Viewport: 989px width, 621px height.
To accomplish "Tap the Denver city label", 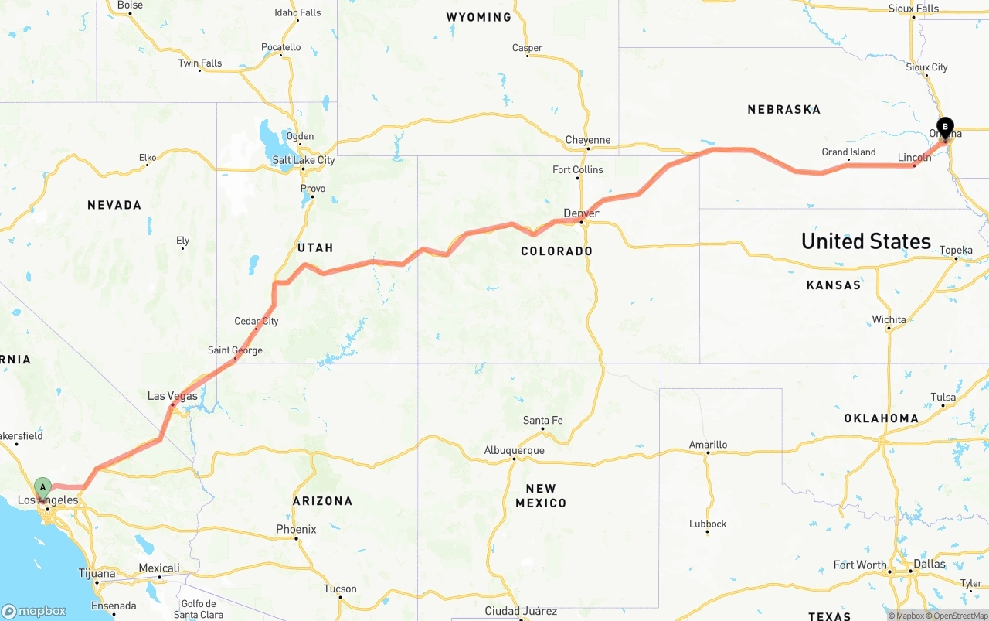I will [581, 213].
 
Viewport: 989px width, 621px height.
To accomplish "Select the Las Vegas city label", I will [172, 396].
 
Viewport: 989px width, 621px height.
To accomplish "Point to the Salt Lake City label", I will [304, 160].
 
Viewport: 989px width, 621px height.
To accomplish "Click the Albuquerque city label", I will [514, 450].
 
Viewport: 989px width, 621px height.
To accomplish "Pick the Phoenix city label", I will [296, 530].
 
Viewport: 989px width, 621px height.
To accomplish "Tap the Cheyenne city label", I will [587, 140].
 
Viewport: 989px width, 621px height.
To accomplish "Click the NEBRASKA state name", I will [783, 110].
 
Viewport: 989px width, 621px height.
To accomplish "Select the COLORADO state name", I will [556, 251].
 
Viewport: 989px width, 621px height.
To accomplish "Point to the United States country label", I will [865, 241].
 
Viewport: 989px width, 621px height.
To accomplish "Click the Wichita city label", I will [889, 319].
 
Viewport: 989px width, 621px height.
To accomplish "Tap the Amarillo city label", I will [708, 445].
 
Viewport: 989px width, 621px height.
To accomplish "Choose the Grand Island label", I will [848, 152].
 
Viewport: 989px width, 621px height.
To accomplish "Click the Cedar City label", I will [257, 321].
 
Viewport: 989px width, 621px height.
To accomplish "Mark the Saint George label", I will [235, 350].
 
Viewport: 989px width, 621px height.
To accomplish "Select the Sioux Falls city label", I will [913, 9].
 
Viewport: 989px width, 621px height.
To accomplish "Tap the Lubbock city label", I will [708, 524].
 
